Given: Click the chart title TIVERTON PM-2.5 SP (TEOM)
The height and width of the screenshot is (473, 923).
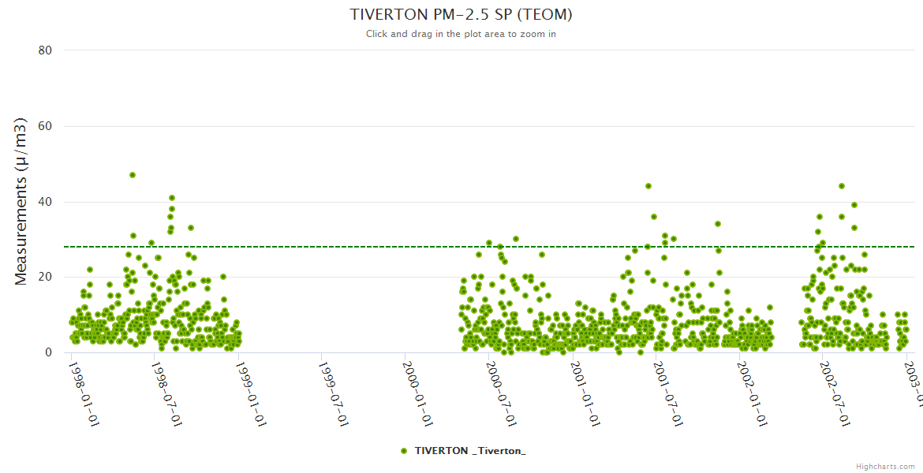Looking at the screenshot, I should pyautogui.click(x=461, y=15).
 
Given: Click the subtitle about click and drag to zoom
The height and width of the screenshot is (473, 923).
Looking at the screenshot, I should pyautogui.click(x=461, y=34).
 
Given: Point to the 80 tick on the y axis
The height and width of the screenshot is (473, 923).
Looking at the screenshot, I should pyautogui.click(x=45, y=50).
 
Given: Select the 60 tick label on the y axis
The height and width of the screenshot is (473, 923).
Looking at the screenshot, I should pyautogui.click(x=45, y=126).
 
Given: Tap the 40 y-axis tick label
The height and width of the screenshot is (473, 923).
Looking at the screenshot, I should pyautogui.click(x=45, y=202).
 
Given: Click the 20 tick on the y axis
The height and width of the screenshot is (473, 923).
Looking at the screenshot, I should pyautogui.click(x=45, y=277).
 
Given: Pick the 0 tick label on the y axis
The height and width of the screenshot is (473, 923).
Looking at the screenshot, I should pyautogui.click(x=48, y=352).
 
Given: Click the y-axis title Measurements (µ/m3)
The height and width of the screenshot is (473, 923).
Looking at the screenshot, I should pyautogui.click(x=21, y=201).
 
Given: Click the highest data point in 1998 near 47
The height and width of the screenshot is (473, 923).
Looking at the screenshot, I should pyautogui.click(x=133, y=175).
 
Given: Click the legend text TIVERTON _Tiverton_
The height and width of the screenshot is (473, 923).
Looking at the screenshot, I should pyautogui.click(x=470, y=450).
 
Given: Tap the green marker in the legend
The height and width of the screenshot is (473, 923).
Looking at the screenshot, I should pyautogui.click(x=404, y=450).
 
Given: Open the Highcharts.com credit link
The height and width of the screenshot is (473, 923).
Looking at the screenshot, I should pyautogui.click(x=885, y=466).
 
